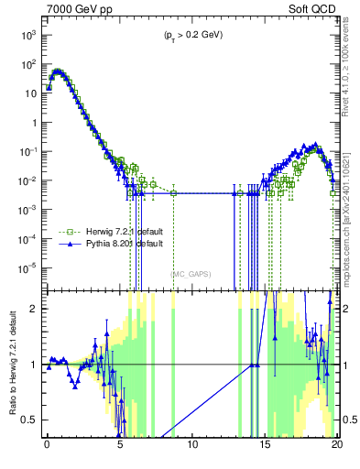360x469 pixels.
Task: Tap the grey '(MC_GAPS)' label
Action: coord(190,274)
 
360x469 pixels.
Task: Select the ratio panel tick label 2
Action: coord(34,309)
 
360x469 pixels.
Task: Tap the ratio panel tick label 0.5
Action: coord(30,420)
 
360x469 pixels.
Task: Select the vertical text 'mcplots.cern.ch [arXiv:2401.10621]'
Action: coord(351,211)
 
